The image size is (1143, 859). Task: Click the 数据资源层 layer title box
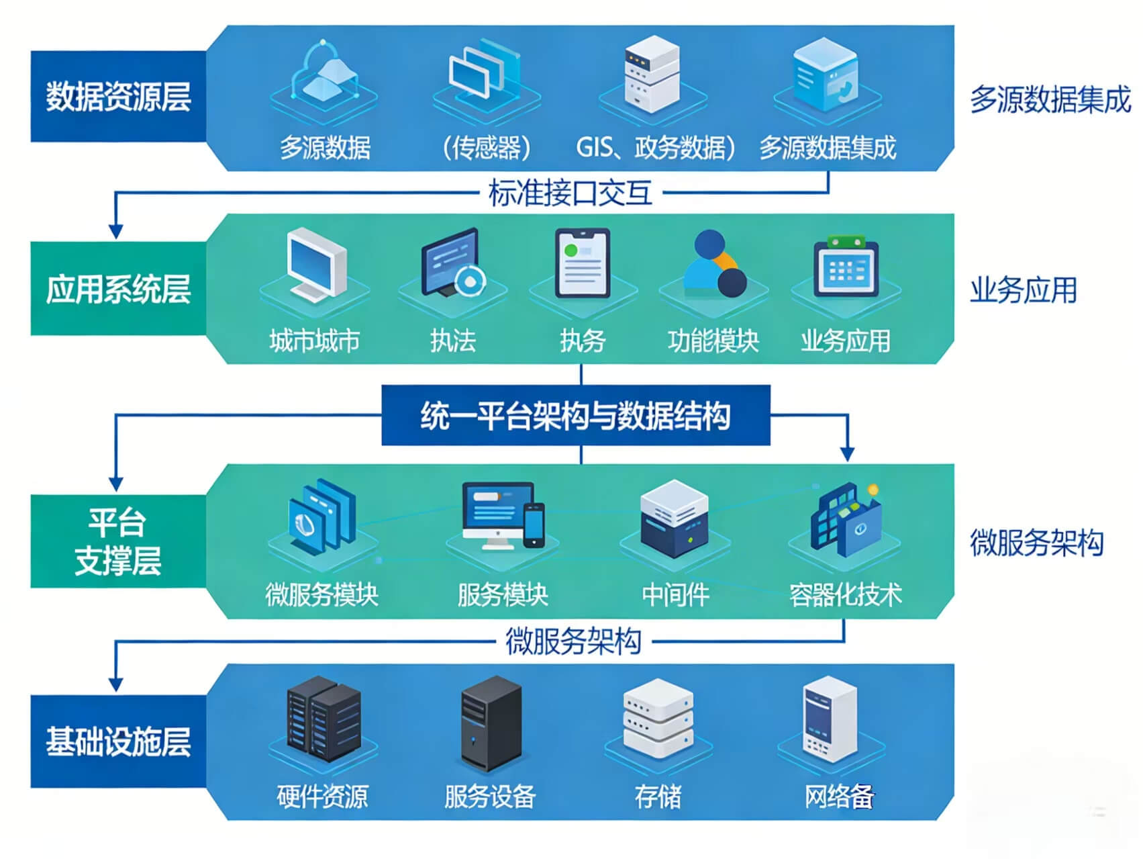pyautogui.click(x=118, y=96)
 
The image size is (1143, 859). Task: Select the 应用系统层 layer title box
pyautogui.click(x=118, y=289)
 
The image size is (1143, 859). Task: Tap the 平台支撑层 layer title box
pyautogui.click(x=118, y=541)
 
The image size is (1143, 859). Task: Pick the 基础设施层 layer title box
pyautogui.click(x=118, y=741)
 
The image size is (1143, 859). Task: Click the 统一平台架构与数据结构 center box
pyautogui.click(x=575, y=415)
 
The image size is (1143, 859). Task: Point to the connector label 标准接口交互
pyautogui.click(x=570, y=193)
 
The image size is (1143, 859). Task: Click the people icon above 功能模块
pyautogui.click(x=713, y=265)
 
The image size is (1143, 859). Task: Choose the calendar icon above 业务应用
pyautogui.click(x=845, y=267)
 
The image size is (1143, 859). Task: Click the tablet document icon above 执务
pyautogui.click(x=583, y=264)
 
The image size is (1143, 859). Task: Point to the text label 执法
pyautogui.click(x=453, y=341)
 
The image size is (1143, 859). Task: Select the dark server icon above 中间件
pyautogui.click(x=674, y=518)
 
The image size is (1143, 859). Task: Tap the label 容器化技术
pyautogui.click(x=845, y=594)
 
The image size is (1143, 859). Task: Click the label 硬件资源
pyautogui.click(x=322, y=797)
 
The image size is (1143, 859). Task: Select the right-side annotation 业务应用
pyautogui.click(x=1023, y=291)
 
